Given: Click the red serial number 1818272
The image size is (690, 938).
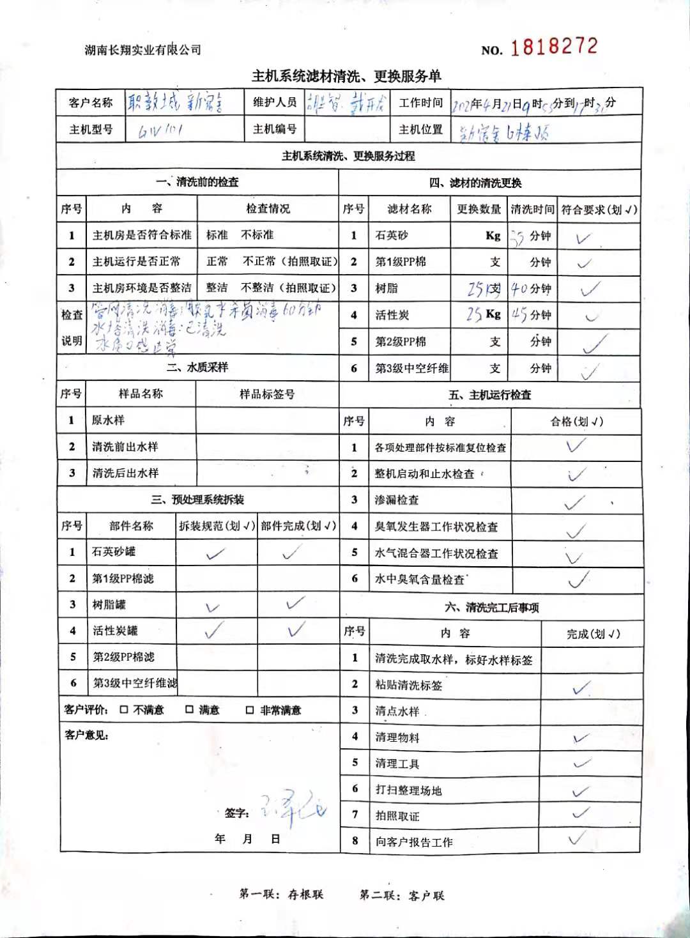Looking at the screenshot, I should point(554,47).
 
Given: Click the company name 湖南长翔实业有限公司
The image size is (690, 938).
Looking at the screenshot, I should point(143,50).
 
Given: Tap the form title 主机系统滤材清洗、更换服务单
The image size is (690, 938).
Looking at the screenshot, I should point(346,77).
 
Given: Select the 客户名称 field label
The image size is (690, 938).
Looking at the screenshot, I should point(91,102).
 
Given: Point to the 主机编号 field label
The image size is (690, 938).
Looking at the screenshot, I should point(275,129).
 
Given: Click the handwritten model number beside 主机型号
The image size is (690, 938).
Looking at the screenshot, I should point(160,130).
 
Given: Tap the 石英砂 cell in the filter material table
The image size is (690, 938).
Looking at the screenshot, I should point(392,235).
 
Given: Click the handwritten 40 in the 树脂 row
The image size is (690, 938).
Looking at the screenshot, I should point(519,289).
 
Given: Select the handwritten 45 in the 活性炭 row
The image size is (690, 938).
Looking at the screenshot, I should point(519,315).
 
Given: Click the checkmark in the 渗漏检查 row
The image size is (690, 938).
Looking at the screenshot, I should point(574,503).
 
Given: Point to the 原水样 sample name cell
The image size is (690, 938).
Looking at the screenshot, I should point(108,420).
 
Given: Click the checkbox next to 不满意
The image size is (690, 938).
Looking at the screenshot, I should point(124,710).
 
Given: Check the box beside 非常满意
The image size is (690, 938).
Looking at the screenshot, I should point(250,710).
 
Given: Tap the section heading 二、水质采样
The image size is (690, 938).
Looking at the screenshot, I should point(197,367).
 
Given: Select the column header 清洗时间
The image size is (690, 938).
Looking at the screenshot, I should point(532,209).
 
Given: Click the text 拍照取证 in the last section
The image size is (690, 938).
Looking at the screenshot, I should point(397,816).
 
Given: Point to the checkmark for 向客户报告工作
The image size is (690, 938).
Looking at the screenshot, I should point(576,838).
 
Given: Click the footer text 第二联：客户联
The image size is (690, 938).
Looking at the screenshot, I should point(402,895).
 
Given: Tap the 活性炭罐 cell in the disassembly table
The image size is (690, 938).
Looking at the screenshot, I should point(115,631).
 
